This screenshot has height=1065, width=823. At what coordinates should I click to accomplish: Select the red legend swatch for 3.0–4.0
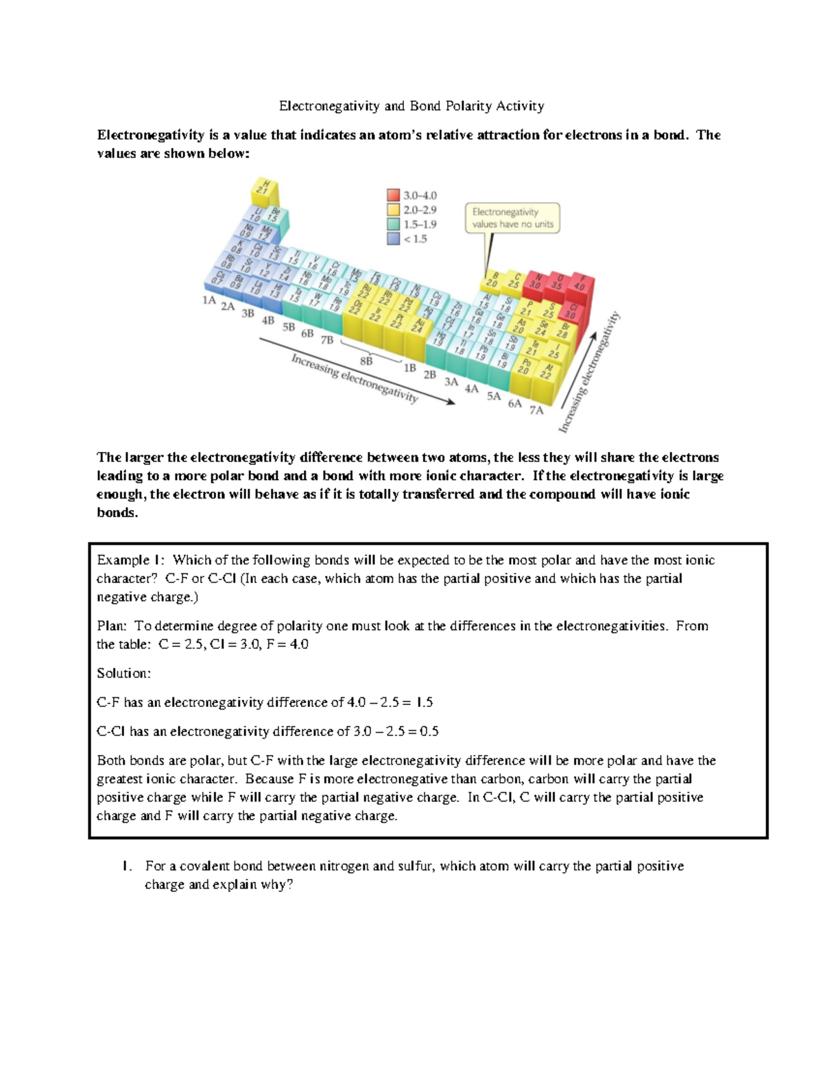393,195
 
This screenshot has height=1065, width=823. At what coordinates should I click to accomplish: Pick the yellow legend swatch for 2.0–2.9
393,210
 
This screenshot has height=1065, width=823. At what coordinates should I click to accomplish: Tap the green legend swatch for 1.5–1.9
393,224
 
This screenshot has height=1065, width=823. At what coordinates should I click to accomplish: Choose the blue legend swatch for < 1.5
393,239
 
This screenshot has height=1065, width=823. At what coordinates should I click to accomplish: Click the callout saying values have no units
512,218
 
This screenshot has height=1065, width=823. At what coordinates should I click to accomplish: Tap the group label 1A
209,300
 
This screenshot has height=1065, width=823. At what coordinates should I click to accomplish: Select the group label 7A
536,410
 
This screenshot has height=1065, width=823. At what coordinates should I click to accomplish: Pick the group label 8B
366,361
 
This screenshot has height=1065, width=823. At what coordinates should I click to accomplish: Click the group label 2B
430,375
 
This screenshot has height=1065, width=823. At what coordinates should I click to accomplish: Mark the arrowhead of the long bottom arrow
449,403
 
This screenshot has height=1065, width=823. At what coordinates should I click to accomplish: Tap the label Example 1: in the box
130,560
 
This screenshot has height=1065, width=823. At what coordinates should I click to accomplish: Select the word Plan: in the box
112,625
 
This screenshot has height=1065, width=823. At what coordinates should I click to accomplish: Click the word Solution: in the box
123,673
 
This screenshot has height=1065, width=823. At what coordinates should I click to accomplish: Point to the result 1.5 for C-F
425,702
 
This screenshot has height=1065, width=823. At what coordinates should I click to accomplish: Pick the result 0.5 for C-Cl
429,731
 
